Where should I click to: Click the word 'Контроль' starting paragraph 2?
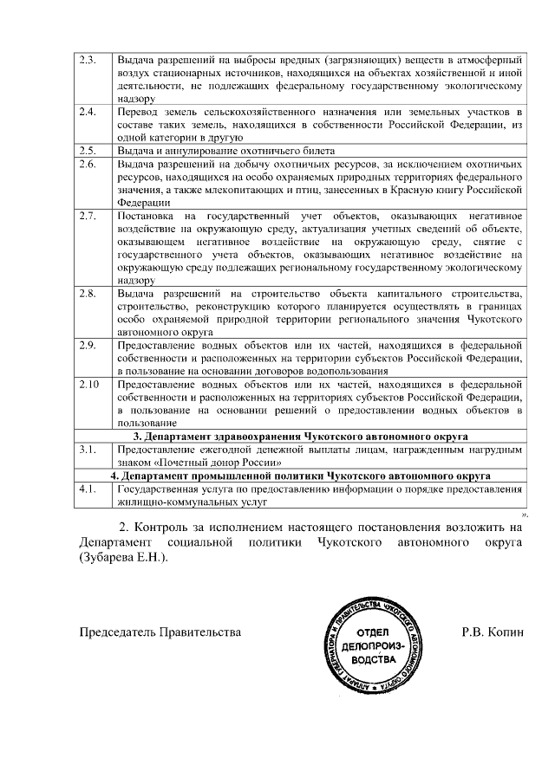(x=165, y=526)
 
